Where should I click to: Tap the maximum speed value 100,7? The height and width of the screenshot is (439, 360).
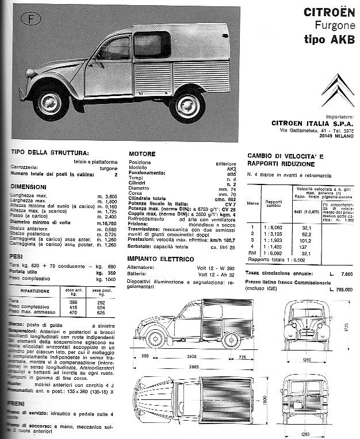click(x=229, y=239)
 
